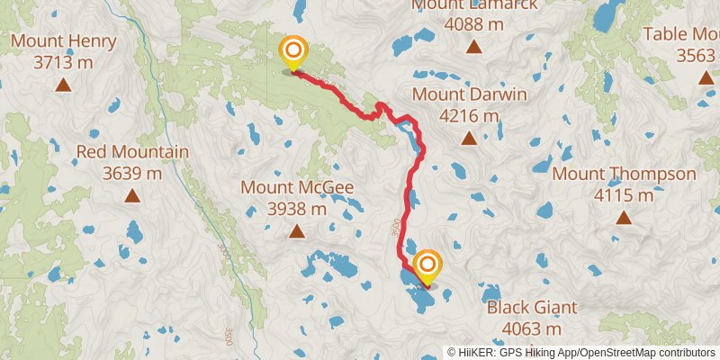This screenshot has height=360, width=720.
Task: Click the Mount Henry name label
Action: [x=63, y=41]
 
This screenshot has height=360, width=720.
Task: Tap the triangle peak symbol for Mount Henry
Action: [x=63, y=85]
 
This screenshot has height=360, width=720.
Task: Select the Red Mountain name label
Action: [x=132, y=152]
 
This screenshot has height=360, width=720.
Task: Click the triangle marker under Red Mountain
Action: [x=132, y=195]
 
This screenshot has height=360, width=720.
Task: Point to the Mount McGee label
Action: [x=297, y=188]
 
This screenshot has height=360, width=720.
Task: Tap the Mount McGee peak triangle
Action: [x=297, y=232]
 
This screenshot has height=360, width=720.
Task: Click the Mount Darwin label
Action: [x=469, y=94]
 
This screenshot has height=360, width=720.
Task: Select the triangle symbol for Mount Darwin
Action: [x=469, y=138]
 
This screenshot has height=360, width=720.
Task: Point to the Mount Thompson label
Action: [x=625, y=174]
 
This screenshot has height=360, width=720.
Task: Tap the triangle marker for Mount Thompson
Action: [x=625, y=217]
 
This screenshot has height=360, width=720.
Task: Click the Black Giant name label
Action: [x=532, y=308]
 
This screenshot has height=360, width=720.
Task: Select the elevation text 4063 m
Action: [x=532, y=329]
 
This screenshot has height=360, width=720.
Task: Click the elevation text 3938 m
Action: [x=297, y=210]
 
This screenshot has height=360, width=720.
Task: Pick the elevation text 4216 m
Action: [x=469, y=116]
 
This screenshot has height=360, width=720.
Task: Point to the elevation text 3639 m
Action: [x=132, y=174]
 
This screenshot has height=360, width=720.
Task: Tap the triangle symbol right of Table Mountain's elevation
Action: [x=706, y=77]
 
